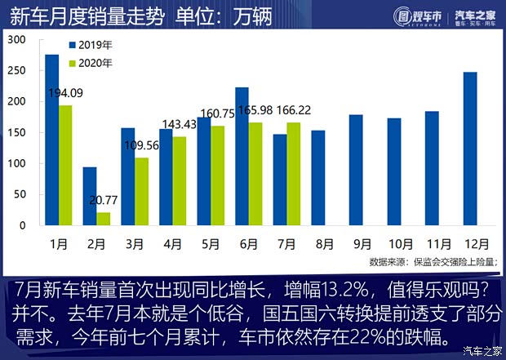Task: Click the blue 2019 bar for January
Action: (51, 140)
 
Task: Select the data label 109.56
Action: (144, 147)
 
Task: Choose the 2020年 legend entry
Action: (93, 62)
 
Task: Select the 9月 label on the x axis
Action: (362, 242)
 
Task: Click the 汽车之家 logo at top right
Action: (477, 16)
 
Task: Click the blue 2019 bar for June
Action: (242, 156)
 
